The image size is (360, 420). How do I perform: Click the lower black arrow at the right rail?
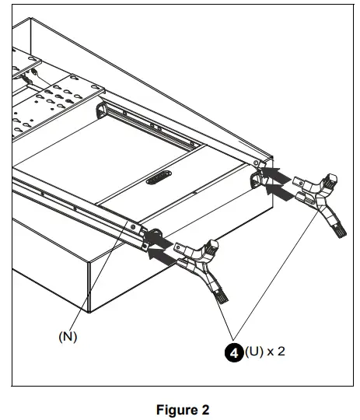[x=277, y=187]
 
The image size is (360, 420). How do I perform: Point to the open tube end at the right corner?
[x=255, y=182]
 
